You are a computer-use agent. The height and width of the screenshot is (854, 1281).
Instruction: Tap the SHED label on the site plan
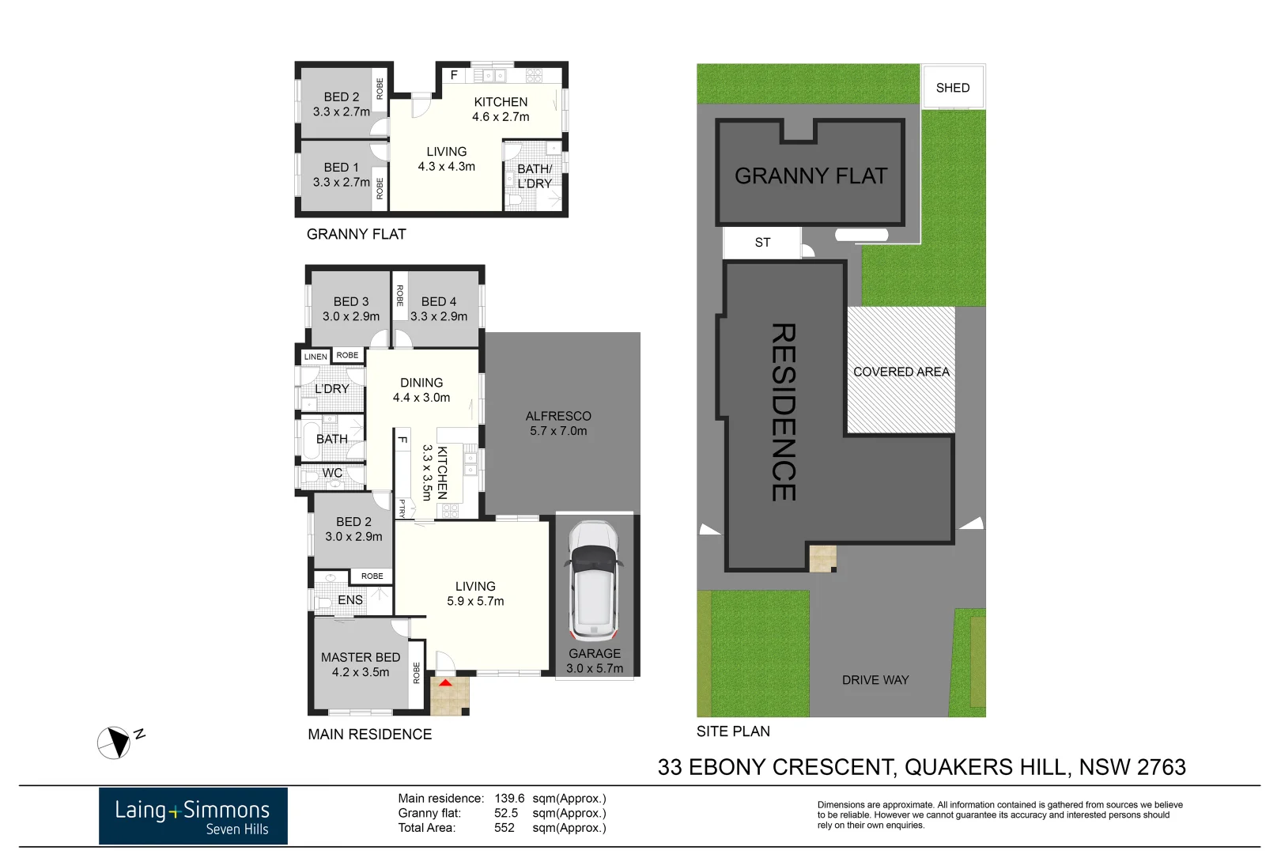(x=952, y=88)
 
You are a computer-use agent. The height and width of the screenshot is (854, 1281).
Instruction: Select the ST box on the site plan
(x=762, y=243)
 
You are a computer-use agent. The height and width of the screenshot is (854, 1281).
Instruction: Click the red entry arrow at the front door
(x=446, y=682)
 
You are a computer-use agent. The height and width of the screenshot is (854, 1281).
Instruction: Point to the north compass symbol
(x=115, y=743)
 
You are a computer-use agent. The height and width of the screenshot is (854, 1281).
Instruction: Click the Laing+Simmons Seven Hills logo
(x=193, y=816)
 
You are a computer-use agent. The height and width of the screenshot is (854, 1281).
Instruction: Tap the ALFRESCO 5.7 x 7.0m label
(x=558, y=423)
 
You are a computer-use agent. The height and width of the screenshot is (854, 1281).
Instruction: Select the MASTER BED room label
(x=361, y=664)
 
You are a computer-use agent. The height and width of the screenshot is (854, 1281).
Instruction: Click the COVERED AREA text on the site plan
(x=901, y=372)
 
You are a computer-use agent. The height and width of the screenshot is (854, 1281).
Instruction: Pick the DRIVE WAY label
(x=875, y=680)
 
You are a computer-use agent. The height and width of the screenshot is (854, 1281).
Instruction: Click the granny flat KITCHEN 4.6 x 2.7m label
(x=501, y=109)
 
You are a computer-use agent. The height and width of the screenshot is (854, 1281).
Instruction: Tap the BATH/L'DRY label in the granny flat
(x=535, y=176)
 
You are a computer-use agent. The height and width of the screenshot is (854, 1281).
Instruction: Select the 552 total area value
(x=504, y=828)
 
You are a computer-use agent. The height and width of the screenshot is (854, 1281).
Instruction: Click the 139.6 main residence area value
(x=509, y=799)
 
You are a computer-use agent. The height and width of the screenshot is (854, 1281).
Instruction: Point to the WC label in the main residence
(x=332, y=473)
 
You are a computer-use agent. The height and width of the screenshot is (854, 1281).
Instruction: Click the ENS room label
(x=350, y=600)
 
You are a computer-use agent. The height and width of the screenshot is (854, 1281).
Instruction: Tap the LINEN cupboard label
(x=316, y=357)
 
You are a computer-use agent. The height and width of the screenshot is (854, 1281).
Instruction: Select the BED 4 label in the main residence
(x=439, y=308)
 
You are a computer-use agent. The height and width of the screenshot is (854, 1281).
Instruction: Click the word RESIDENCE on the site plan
(x=783, y=411)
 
